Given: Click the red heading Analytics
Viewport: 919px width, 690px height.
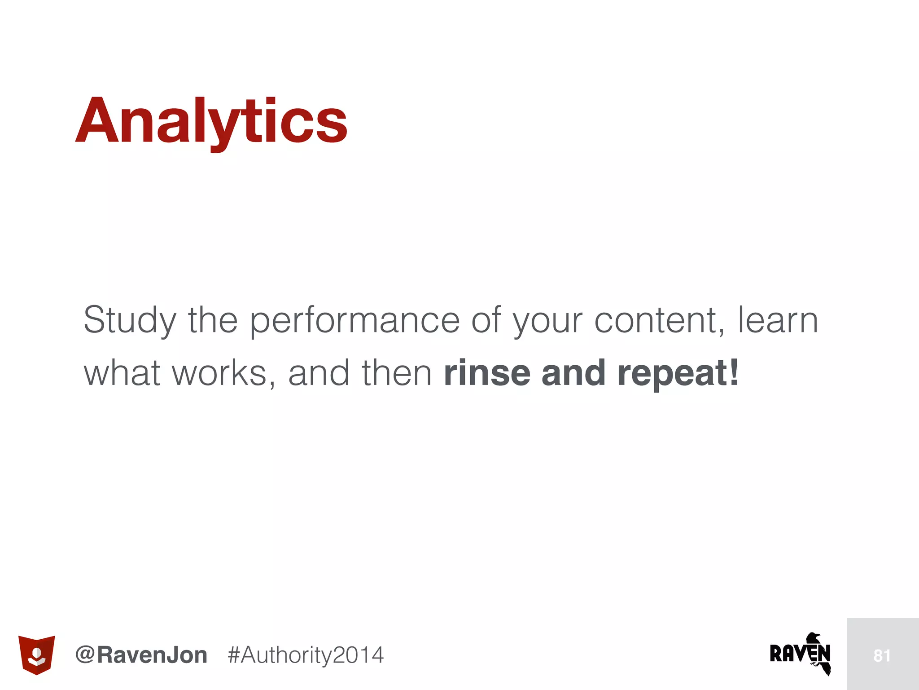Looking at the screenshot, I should click(211, 121).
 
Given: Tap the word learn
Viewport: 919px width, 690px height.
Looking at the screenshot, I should click(778, 320).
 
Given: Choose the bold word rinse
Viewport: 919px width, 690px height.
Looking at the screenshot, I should click(487, 373).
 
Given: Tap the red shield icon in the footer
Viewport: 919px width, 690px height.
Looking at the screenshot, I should click(36, 655).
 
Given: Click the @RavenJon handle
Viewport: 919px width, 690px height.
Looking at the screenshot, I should click(141, 655).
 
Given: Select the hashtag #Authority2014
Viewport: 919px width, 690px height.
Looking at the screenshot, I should click(306, 655).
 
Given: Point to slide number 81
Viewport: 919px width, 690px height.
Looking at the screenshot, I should click(882, 656).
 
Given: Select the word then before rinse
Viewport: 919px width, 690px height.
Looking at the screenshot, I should click(397, 373).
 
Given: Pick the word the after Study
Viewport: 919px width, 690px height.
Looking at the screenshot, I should click(213, 320).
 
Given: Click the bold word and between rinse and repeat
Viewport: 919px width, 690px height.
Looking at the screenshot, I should click(574, 373).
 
